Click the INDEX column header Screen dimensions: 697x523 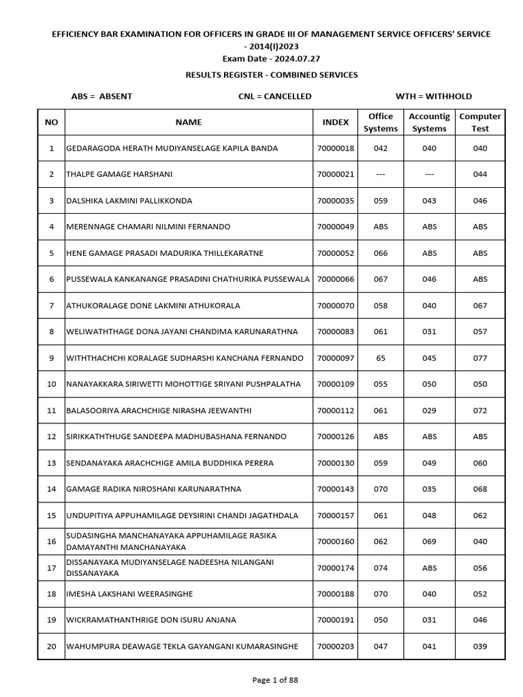coord(335,123)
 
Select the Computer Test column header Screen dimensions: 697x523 coord(480,123)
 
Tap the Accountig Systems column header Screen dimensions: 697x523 coord(430,123)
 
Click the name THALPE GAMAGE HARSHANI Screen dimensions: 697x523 coord(119,175)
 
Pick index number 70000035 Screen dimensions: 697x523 coord(335,201)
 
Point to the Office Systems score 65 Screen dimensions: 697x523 coord(381,358)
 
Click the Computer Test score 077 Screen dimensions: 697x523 coord(480,358)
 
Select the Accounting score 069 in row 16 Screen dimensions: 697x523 coord(430,542)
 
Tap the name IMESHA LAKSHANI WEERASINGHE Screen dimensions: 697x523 coord(129,594)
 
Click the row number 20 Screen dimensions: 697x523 coord(52,647)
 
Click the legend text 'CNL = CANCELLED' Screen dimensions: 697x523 coord(274,97)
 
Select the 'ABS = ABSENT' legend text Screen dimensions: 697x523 coord(101,97)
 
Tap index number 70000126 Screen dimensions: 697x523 coord(335,437)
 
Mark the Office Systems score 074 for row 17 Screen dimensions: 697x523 coord(381,568)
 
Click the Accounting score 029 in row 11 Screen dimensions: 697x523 coord(430,410)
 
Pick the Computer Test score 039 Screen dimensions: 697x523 coord(480,647)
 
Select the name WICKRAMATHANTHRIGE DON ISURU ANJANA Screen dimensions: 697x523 coord(150,620)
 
